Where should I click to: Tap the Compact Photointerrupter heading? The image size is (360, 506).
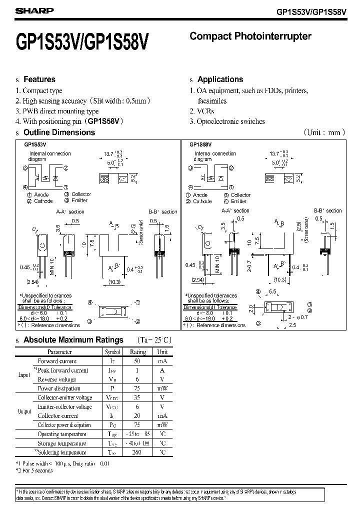(x=250, y=36)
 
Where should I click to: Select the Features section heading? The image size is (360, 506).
(x=39, y=79)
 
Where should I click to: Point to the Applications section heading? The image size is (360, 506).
(x=220, y=79)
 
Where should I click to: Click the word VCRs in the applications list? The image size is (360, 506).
(x=205, y=111)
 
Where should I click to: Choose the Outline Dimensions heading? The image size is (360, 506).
(x=59, y=132)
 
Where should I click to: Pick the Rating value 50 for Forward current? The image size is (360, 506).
(x=138, y=361)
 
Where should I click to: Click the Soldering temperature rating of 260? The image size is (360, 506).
(x=138, y=452)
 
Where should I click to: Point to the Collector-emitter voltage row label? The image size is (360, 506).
(x=64, y=398)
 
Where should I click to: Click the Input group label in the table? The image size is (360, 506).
(x=24, y=375)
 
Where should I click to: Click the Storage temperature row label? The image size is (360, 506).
(x=62, y=443)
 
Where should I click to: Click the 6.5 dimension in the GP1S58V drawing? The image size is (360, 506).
(x=272, y=291)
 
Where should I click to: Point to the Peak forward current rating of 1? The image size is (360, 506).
(x=138, y=370)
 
